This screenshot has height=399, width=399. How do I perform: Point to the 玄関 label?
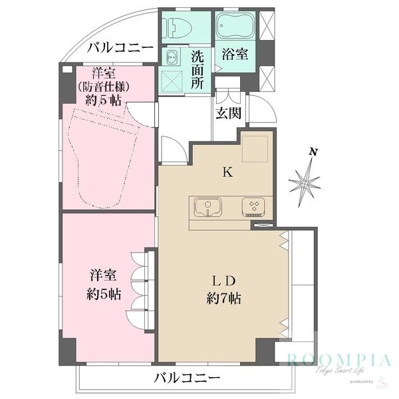click(227, 113)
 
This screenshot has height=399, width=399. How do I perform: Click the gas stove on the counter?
click(253, 207)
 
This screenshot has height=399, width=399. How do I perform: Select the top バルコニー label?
click(120, 47)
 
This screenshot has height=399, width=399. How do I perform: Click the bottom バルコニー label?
click(187, 378)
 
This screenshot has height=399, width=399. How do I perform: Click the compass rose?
click(305, 180)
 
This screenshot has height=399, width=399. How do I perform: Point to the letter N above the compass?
click(313, 152)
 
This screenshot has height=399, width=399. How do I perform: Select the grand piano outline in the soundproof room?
click(106, 156)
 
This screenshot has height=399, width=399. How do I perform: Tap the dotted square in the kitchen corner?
click(255, 148)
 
